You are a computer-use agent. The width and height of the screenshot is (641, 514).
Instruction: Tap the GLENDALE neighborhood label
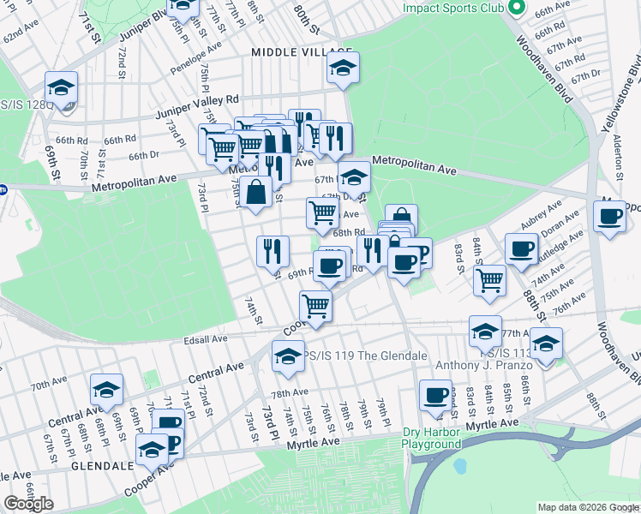(x=103, y=465)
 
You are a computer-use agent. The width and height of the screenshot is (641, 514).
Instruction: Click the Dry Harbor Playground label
(x=432, y=438)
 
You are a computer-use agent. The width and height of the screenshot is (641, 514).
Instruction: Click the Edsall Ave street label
(x=206, y=339)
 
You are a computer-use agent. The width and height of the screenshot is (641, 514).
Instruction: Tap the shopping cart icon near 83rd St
(x=489, y=278)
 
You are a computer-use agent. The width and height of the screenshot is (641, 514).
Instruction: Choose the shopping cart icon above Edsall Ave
(x=315, y=305)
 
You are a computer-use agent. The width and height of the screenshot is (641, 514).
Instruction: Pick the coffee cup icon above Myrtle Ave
(x=435, y=395)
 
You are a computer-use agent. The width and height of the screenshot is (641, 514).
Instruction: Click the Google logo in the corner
(x=29, y=504)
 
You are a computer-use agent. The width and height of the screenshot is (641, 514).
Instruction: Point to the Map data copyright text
(x=588, y=507)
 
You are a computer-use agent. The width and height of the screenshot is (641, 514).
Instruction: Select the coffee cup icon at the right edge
(x=609, y=216)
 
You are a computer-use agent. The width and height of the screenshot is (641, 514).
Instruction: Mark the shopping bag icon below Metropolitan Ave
(x=256, y=193)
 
